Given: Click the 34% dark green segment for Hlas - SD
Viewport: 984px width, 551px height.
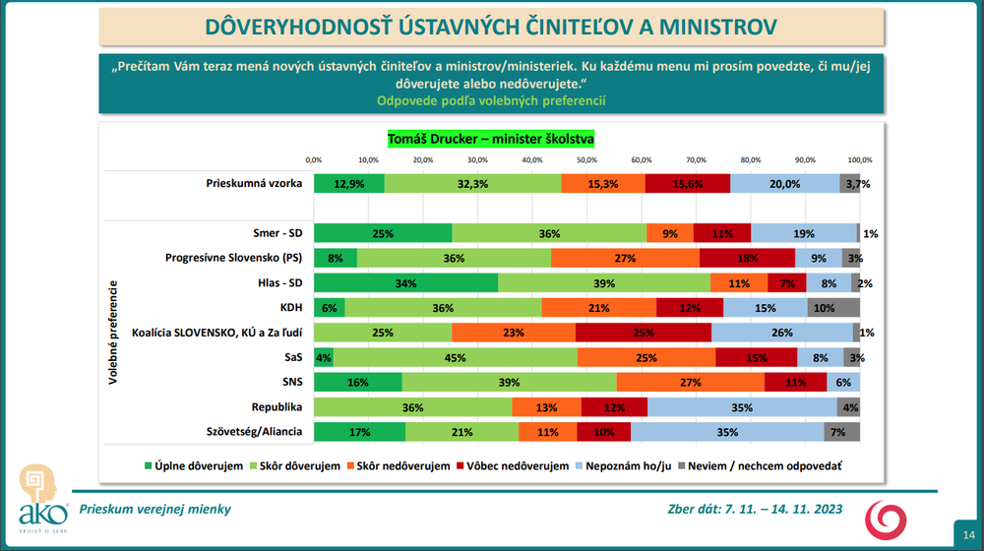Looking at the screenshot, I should pyautogui.click(x=405, y=283).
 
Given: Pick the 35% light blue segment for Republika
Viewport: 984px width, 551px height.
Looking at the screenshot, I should pyautogui.click(x=742, y=406).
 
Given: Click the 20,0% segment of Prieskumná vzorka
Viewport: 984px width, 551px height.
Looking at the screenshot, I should pyautogui.click(x=784, y=183).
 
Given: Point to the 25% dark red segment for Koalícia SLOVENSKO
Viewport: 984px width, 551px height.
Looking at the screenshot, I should pyautogui.click(x=644, y=333).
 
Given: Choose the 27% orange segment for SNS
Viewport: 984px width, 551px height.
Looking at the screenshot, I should pyautogui.click(x=690, y=382).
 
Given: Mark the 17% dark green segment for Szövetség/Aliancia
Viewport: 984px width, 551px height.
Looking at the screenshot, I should pyautogui.click(x=359, y=431).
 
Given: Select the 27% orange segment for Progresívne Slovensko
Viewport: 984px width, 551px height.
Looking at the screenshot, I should pyautogui.click(x=625, y=258).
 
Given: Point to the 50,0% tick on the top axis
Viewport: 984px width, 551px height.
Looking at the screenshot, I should pyautogui.click(x=587, y=158).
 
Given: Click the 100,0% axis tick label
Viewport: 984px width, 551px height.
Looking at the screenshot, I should pyautogui.click(x=859, y=158).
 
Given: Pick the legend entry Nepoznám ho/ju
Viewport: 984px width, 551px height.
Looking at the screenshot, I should pyautogui.click(x=623, y=465).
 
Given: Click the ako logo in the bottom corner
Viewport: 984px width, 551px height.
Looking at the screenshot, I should pyautogui.click(x=43, y=498).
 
